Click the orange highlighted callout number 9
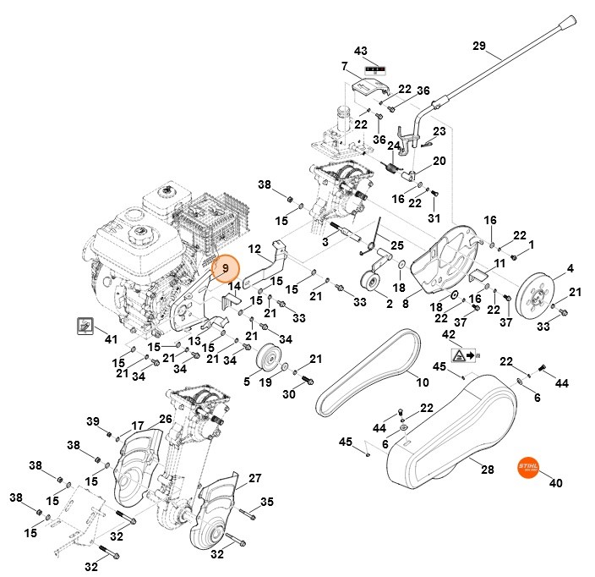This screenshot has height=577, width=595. coord(227,269)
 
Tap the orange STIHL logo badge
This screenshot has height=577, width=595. coord(528,468)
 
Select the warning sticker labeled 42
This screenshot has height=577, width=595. coord(462,356)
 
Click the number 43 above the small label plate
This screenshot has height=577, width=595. coord(361,51)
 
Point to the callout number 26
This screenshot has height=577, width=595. coord(166,418)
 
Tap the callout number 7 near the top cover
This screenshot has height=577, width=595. coord(345,65)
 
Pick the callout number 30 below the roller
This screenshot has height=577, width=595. coord(288,394)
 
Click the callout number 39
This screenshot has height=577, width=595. coord(94,421)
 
